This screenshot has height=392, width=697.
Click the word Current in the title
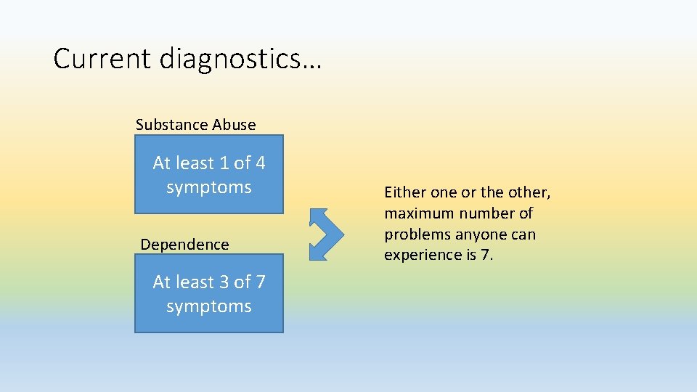(102, 59)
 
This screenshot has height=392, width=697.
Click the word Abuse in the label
(234, 125)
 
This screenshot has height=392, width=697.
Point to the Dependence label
(184, 245)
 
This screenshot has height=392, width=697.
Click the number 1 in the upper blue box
(224, 163)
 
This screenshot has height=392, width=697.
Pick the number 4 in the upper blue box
(259, 163)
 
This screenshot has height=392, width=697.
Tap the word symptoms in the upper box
(209, 187)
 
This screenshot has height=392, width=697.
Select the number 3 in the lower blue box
(224, 282)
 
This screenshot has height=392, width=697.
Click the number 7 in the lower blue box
(259, 282)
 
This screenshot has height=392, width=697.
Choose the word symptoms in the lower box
(209, 306)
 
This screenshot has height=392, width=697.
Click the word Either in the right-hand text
(405, 192)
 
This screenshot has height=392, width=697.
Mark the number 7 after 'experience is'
(486, 256)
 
